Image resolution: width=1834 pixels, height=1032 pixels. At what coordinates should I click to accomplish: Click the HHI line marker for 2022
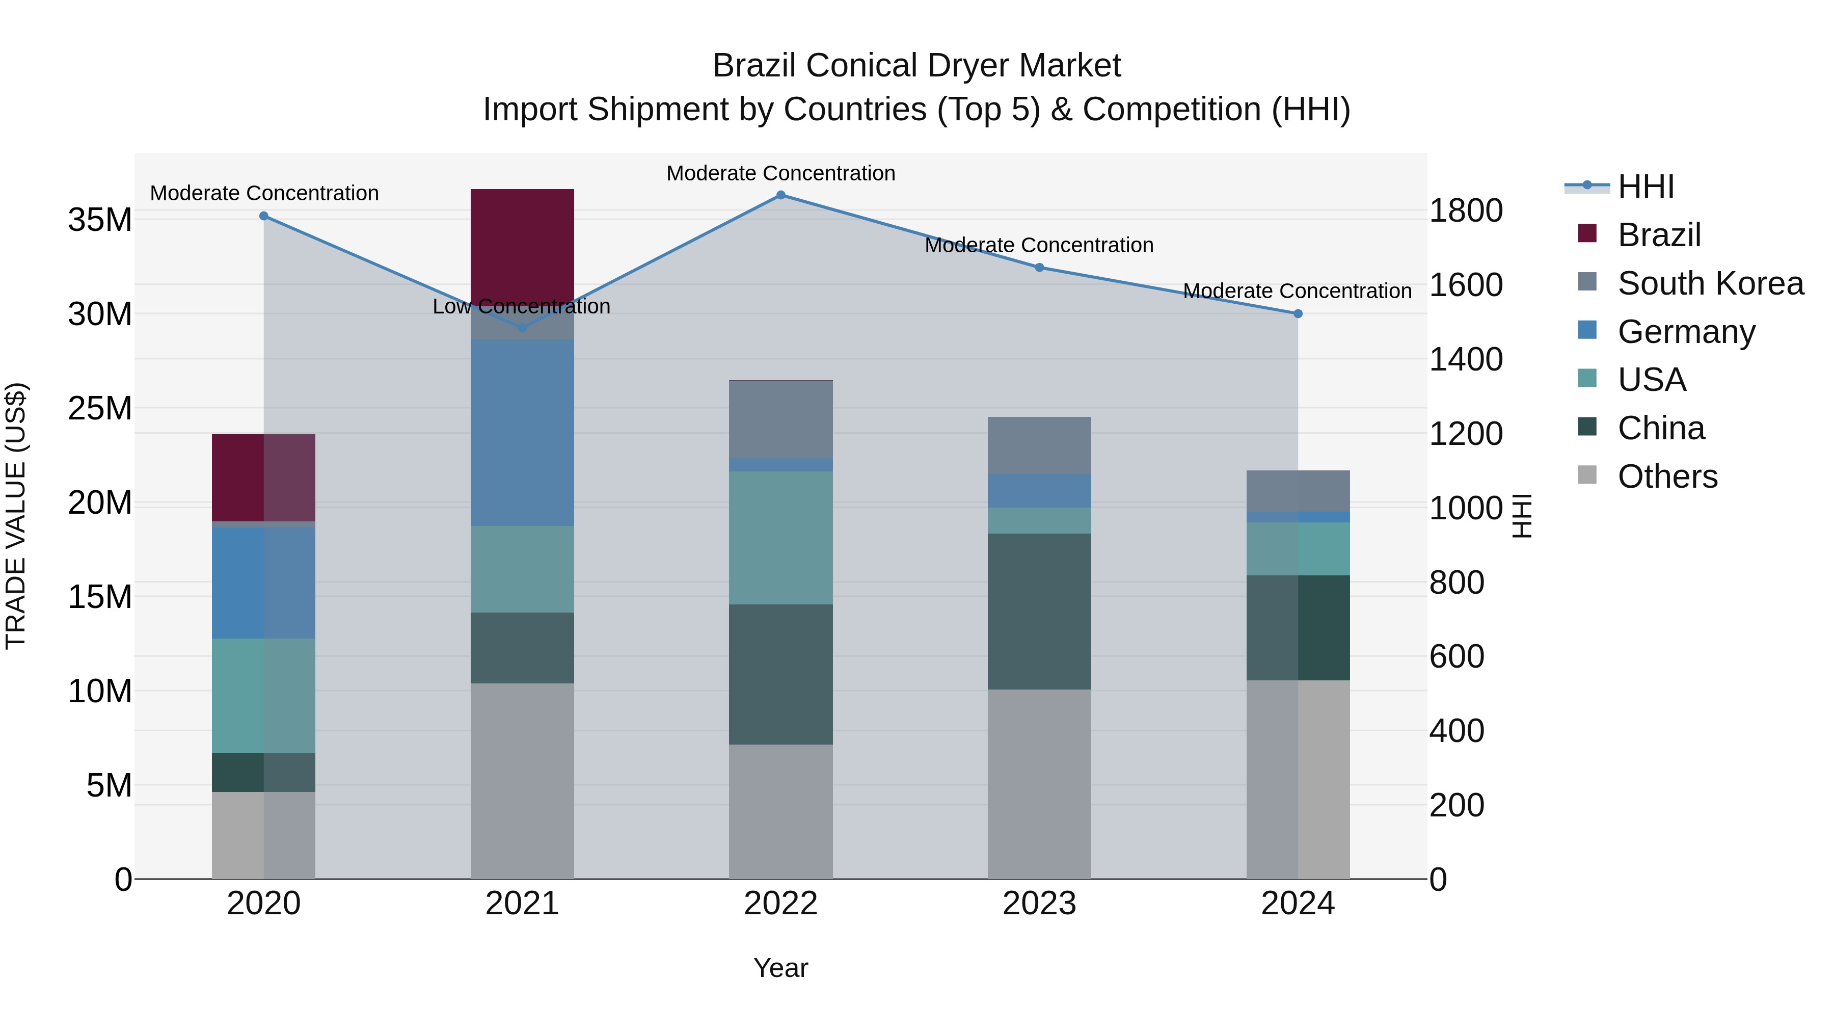click(780, 195)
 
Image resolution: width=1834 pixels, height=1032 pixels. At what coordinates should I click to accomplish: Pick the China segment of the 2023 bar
click(1039, 611)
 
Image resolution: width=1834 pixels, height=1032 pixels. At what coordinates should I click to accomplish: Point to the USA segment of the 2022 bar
click(780, 538)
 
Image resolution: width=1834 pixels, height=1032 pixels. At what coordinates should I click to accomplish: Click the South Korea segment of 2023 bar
click(1039, 445)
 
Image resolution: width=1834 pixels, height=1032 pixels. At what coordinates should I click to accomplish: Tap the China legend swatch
click(1587, 428)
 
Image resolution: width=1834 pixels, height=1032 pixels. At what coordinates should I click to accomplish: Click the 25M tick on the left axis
click(100, 408)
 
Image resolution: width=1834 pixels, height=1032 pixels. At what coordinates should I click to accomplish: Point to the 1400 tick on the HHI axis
click(1465, 359)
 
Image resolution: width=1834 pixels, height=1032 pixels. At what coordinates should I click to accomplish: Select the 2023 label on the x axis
click(1039, 904)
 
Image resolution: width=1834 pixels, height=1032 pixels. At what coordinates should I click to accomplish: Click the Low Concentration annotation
click(521, 306)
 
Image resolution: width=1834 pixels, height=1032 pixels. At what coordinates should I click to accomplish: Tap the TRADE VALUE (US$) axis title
click(16, 516)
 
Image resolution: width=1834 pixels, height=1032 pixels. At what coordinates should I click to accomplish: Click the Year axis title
click(780, 968)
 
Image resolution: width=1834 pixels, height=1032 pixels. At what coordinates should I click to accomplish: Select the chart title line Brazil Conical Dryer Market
click(916, 66)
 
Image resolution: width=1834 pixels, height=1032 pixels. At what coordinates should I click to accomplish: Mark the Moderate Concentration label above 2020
click(264, 193)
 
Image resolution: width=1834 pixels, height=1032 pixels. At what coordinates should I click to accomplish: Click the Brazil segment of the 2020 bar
click(263, 478)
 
